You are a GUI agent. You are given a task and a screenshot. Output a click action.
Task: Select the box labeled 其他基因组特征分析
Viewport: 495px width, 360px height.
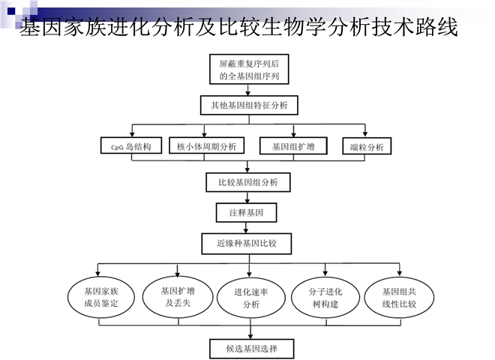click(x=249, y=103)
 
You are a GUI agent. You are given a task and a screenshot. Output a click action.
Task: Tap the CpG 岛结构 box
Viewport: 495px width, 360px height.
click(x=130, y=146)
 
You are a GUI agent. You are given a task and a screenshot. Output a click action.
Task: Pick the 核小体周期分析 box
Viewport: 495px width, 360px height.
click(x=206, y=145)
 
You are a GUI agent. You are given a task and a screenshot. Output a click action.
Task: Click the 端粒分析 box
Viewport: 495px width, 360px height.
click(x=366, y=146)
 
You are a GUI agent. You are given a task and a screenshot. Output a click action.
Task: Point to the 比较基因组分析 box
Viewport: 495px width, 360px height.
click(x=249, y=181)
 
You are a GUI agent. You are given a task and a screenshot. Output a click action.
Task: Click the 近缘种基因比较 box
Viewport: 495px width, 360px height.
click(x=247, y=244)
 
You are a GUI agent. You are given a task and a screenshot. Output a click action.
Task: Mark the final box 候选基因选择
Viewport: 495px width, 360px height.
click(x=249, y=348)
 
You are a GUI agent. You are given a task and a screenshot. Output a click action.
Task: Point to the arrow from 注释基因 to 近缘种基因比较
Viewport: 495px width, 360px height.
click(x=249, y=228)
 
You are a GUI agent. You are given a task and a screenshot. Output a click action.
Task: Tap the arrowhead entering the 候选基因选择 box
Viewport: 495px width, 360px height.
click(x=249, y=334)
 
